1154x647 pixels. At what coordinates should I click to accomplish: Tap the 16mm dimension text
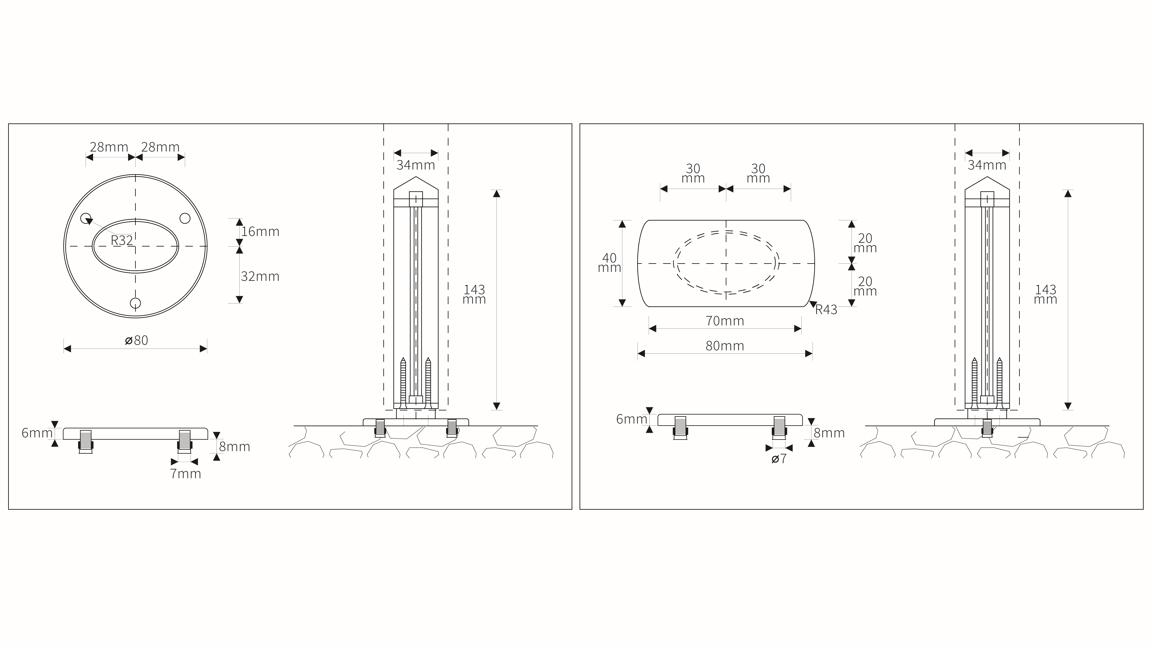click(260, 232)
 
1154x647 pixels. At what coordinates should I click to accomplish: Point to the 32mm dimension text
click(260, 276)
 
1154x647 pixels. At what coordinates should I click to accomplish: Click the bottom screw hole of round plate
click(135, 303)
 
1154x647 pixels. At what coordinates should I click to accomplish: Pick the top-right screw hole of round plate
click(185, 219)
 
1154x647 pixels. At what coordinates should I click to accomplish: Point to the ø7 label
click(779, 459)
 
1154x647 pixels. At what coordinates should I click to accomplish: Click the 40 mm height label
click(609, 263)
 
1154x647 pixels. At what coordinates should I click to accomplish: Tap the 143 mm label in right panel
click(1045, 295)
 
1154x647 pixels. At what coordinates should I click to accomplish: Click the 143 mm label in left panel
click(474, 295)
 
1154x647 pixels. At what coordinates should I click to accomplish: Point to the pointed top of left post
click(416, 178)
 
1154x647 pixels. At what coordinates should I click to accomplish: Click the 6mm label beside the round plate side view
click(37, 433)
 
